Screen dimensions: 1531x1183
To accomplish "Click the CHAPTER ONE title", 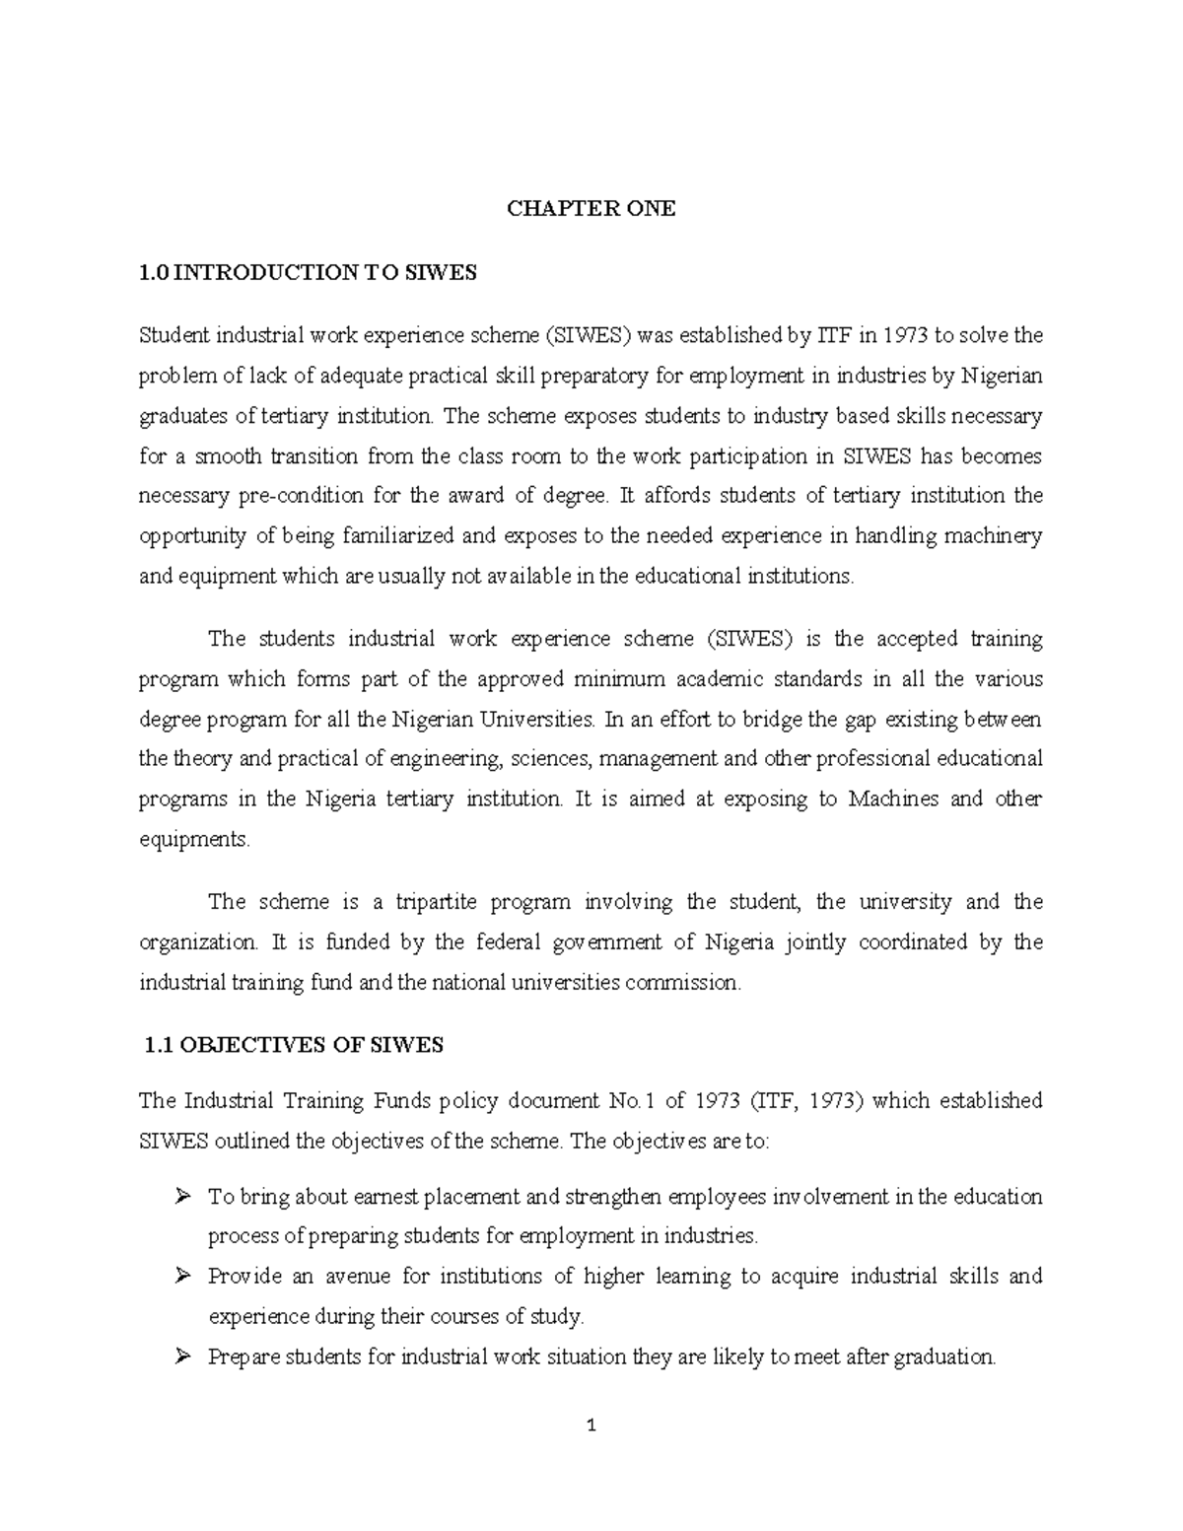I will pos(591,209).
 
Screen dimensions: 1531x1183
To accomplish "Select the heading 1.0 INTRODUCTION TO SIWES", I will pos(308,273).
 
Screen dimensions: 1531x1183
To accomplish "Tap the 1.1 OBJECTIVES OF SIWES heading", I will pos(293,1046).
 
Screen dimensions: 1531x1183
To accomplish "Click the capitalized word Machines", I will pos(893,799).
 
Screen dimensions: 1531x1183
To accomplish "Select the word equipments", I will pos(194,840).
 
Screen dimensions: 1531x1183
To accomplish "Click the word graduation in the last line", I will pos(945,1357).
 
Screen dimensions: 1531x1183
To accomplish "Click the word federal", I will pos(509,942).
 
